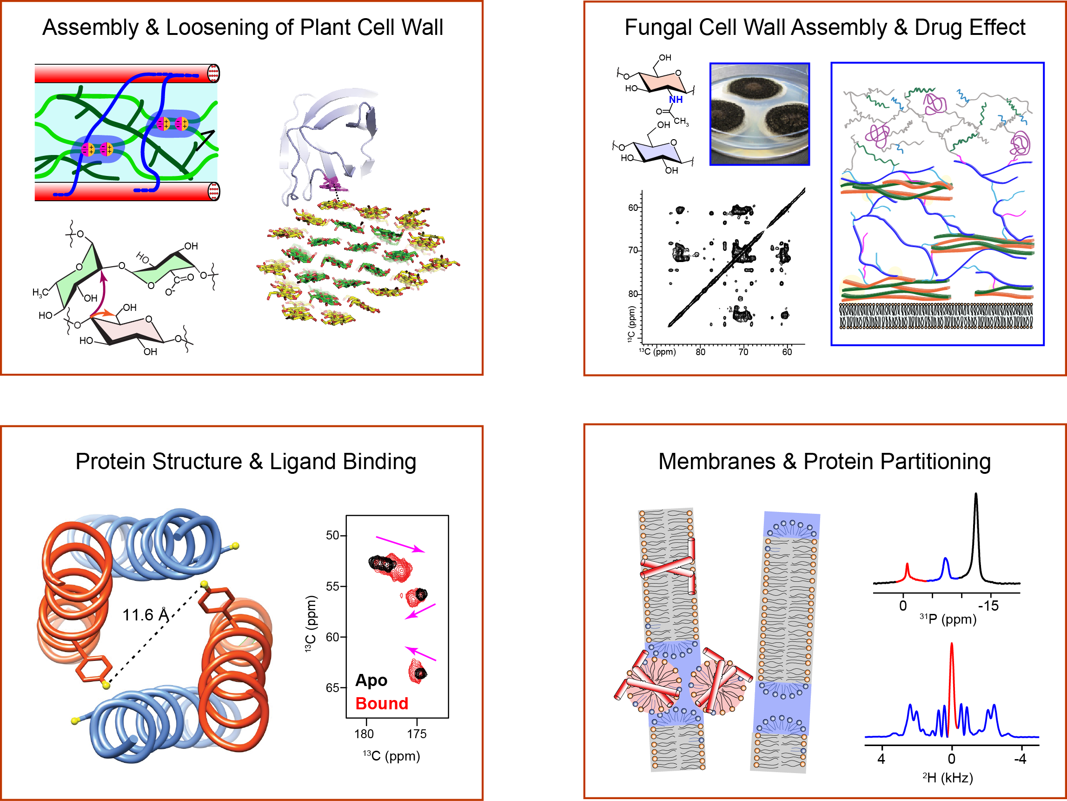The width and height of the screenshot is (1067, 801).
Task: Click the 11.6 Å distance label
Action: [145, 615]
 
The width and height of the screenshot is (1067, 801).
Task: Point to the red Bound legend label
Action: [382, 703]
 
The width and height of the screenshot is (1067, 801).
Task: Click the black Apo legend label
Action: [371, 680]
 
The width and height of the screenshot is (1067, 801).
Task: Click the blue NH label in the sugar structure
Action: [676, 100]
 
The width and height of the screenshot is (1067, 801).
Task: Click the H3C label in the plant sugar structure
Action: [40, 292]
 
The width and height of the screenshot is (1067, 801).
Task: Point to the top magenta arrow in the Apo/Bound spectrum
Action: [400, 544]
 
